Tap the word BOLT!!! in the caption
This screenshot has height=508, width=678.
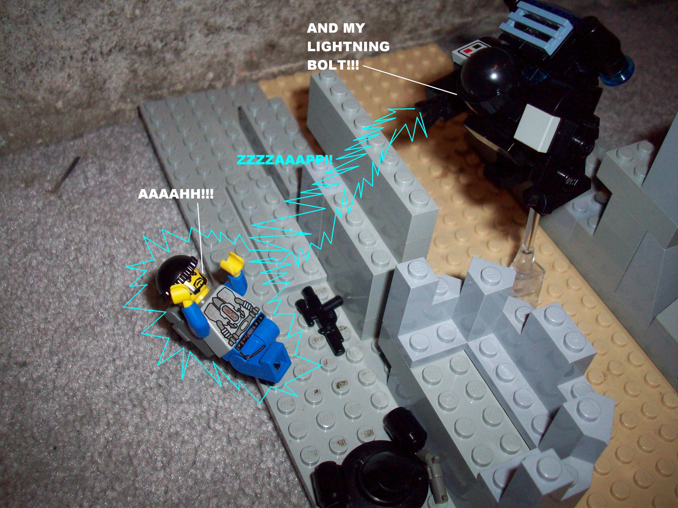(333, 65)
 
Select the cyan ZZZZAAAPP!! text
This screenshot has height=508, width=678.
(285, 159)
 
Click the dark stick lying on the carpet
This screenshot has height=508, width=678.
(66, 174)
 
